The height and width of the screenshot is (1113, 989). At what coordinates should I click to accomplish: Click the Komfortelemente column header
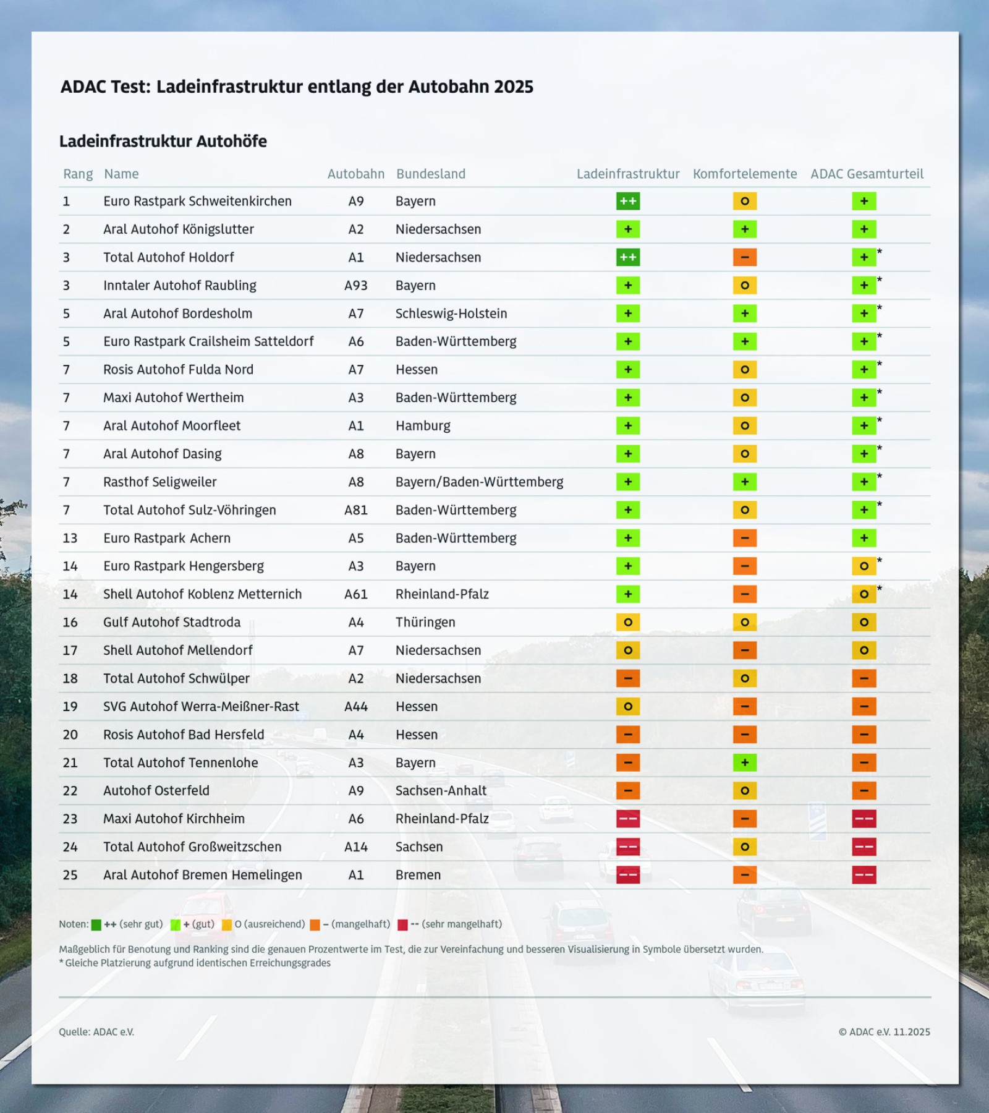pyautogui.click(x=744, y=174)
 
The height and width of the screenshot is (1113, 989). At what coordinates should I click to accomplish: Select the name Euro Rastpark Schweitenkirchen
pyautogui.click(x=197, y=201)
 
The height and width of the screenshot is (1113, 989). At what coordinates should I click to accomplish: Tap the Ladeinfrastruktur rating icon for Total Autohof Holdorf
pyautogui.click(x=627, y=257)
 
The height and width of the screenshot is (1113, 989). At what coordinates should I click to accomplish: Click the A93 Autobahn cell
pyautogui.click(x=355, y=285)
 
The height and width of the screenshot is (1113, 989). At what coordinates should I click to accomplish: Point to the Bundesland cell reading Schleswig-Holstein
pyautogui.click(x=451, y=313)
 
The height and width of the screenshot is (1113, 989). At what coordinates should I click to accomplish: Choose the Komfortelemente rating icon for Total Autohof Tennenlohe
pyautogui.click(x=744, y=762)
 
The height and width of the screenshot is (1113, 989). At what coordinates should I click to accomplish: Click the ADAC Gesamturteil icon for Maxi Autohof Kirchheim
pyautogui.click(x=864, y=819)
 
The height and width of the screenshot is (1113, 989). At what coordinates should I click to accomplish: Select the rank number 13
pyautogui.click(x=70, y=538)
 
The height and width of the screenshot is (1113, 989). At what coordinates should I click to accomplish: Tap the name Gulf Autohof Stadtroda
pyautogui.click(x=172, y=622)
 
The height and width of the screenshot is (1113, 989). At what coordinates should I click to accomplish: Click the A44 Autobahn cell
pyautogui.click(x=355, y=706)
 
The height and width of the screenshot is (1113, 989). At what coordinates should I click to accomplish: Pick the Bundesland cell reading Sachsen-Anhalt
pyautogui.click(x=441, y=790)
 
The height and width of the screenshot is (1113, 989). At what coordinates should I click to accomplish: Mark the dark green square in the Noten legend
pyautogui.click(x=96, y=925)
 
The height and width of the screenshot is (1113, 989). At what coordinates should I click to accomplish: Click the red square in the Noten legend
pyautogui.click(x=402, y=925)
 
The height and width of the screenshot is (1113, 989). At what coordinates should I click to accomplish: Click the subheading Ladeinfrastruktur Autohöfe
pyautogui.click(x=163, y=141)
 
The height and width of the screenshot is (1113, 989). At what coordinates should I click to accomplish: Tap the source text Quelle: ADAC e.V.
pyautogui.click(x=96, y=1031)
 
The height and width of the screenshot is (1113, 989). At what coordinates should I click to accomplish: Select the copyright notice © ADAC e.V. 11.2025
pyautogui.click(x=884, y=1031)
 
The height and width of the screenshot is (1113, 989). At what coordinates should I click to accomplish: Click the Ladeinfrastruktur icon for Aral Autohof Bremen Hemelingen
pyautogui.click(x=627, y=875)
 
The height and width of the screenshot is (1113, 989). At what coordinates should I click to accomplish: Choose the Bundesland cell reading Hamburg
pyautogui.click(x=423, y=425)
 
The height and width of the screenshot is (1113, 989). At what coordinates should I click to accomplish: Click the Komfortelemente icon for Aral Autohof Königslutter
pyautogui.click(x=744, y=229)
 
